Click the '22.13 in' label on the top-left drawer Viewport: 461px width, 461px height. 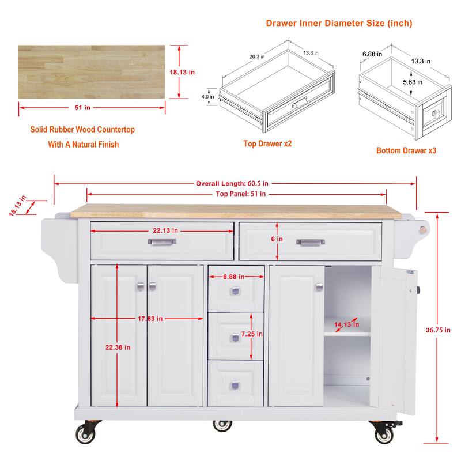pos(165,231)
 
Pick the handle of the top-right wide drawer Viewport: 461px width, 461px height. pos(311,243)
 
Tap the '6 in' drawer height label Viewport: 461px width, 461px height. pos(278,239)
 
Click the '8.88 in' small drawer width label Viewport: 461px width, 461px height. pos(236,277)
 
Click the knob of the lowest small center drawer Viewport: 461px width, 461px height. pos(235,385)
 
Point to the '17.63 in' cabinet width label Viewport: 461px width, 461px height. pos(149,318)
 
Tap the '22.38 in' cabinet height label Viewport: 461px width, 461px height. pos(118,347)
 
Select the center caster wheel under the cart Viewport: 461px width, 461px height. pos(222,426)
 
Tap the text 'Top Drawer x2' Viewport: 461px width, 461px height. pos(267,143)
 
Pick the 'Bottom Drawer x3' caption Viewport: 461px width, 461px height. pos(406,150)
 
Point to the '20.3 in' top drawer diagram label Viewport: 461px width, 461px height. pos(257,56)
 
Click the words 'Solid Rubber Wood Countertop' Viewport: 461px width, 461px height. pos(82,130)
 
